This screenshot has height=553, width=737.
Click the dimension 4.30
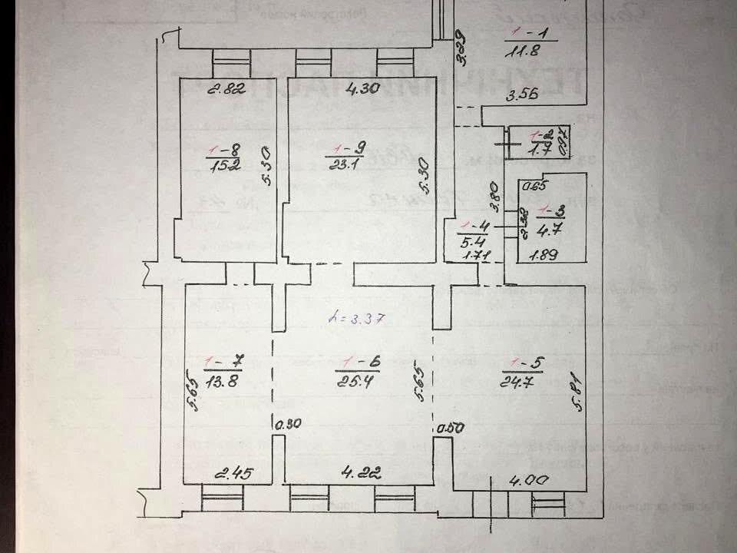(x=363, y=88)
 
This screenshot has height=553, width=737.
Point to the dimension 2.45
(x=231, y=472)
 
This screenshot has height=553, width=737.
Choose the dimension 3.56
(x=520, y=95)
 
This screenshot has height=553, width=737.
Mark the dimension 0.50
(x=450, y=429)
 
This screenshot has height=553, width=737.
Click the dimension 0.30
(x=288, y=422)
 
